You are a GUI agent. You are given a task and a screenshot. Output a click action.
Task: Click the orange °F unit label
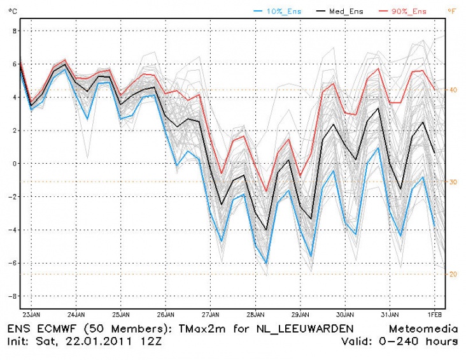452,11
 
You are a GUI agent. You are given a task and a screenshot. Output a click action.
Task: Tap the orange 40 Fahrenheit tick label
452,90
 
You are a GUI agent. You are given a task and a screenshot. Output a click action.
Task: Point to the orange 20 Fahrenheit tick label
452,274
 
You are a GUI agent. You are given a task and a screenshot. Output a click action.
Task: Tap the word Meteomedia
423,329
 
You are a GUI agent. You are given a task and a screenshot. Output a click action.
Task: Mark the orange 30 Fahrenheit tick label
452,182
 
